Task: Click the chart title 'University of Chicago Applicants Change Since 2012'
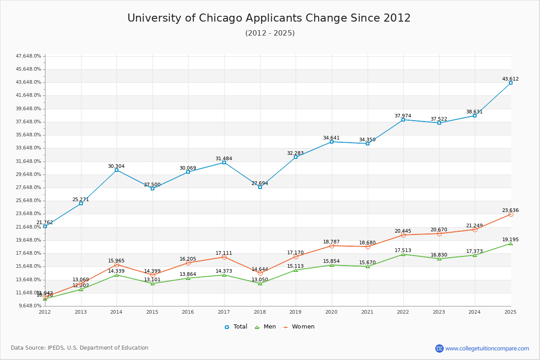(269, 18)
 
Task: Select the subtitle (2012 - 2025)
(270, 33)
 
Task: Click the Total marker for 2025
(511, 83)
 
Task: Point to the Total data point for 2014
(117, 170)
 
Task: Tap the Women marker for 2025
(511, 214)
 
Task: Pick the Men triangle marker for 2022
(403, 254)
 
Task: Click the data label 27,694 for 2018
(260, 183)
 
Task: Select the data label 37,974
(403, 116)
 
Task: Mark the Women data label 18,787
(331, 242)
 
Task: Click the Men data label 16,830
(439, 255)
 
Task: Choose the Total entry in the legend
(236, 327)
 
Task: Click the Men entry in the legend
(265, 327)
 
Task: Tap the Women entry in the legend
(299, 327)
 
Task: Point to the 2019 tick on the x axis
(296, 311)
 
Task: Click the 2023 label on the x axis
(439, 311)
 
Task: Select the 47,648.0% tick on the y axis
(29, 56)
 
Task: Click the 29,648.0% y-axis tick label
(29, 175)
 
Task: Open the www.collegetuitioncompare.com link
(487, 348)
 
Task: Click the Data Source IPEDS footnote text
(80, 348)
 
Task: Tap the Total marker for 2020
(332, 142)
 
